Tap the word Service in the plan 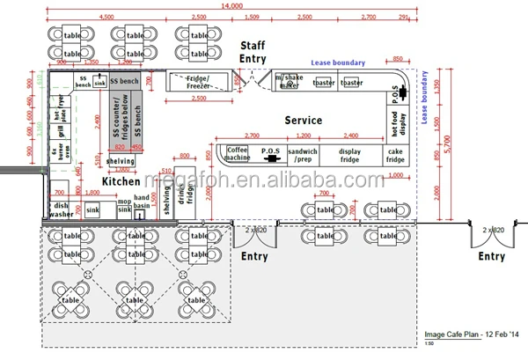(x=303, y=121)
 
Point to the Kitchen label (x=121, y=180)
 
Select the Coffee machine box (x=238, y=154)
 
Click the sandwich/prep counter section (x=302, y=155)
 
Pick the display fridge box (x=349, y=155)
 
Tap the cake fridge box (x=394, y=155)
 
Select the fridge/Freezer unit (x=197, y=82)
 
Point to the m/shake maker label (x=288, y=82)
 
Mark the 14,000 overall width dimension (x=232, y=7)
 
